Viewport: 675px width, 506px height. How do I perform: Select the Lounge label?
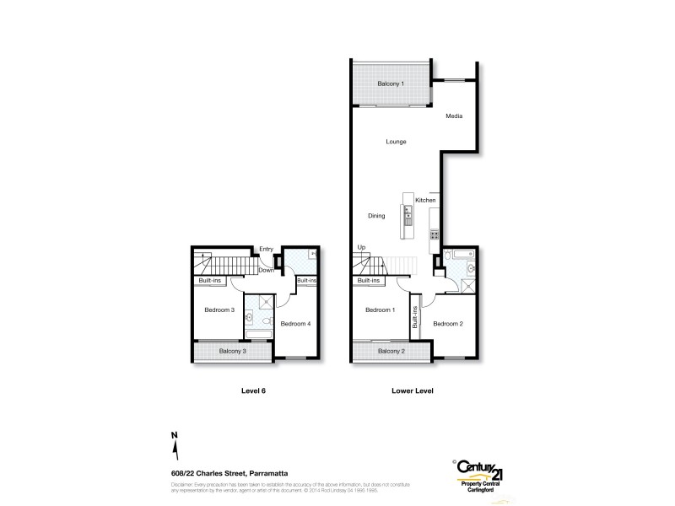pyautogui.click(x=397, y=141)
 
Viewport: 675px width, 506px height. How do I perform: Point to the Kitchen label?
pyautogui.click(x=425, y=200)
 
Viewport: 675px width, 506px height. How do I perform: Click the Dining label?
pyautogui.click(x=376, y=216)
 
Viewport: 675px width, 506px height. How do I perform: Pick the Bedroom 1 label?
pyautogui.click(x=380, y=310)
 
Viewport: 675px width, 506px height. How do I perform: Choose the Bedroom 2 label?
pyautogui.click(x=448, y=324)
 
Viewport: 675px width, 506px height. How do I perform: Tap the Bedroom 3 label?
pyautogui.click(x=219, y=310)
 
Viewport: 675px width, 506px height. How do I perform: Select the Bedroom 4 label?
pyautogui.click(x=295, y=324)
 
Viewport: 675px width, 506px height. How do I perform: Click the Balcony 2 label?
pyautogui.click(x=391, y=351)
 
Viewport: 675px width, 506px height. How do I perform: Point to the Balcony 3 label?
pyautogui.click(x=232, y=351)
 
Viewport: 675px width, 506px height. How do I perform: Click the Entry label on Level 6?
pyautogui.click(x=266, y=249)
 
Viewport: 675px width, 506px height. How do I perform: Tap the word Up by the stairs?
pyautogui.click(x=362, y=247)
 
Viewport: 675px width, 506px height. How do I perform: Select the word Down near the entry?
pyautogui.click(x=266, y=270)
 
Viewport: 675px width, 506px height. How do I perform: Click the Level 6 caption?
pyautogui.click(x=253, y=391)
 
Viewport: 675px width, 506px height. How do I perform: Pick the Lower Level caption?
pyautogui.click(x=413, y=391)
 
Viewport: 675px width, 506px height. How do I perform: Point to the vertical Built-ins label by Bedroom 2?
pyautogui.click(x=415, y=317)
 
